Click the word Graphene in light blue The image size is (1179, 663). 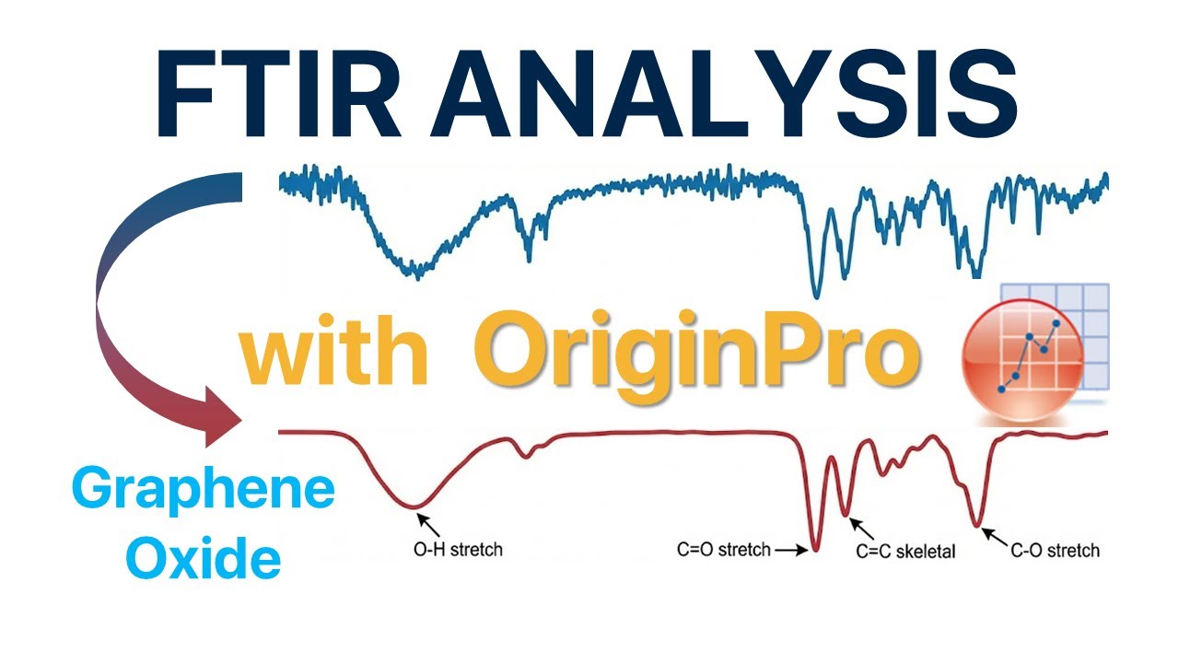[x=203, y=489]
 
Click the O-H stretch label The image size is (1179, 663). [x=458, y=550]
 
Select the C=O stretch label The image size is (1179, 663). [x=723, y=551]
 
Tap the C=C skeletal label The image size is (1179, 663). [x=905, y=552]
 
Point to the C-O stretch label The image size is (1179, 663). [x=1055, y=551]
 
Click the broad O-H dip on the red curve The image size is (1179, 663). [x=417, y=504]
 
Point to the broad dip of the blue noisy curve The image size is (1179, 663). [x=416, y=269]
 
